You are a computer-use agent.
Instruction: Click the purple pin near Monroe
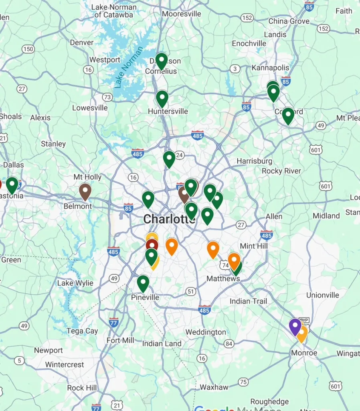pyautogui.click(x=295, y=326)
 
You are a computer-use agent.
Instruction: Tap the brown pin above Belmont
pyautogui.click(x=85, y=191)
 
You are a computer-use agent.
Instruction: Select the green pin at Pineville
pyautogui.click(x=143, y=283)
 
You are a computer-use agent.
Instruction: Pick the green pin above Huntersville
pyautogui.click(x=162, y=98)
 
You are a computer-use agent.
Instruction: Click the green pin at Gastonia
pyautogui.click(x=12, y=185)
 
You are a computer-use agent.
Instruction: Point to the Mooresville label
pyautogui.click(x=182, y=14)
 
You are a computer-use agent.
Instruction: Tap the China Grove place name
pyautogui.click(x=289, y=21)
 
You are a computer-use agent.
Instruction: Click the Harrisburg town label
pyautogui.click(x=254, y=161)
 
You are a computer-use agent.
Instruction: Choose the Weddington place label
pyautogui.click(x=206, y=332)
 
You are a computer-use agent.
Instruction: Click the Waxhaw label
pyautogui.click(x=214, y=387)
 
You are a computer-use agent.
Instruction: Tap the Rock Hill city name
pyautogui.click(x=82, y=388)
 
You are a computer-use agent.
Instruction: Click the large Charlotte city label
pyautogui.click(x=169, y=219)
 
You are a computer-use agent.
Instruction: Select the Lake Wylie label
pyautogui.click(x=75, y=283)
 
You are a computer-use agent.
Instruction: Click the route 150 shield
pyautogui.click(x=28, y=49)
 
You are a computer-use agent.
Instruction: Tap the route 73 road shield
pyautogui.click(x=107, y=97)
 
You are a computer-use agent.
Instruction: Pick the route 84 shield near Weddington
pyautogui.click(x=229, y=344)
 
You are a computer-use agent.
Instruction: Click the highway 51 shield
pyautogui.click(x=190, y=291)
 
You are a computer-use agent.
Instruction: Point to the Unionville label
pyautogui.click(x=323, y=295)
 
